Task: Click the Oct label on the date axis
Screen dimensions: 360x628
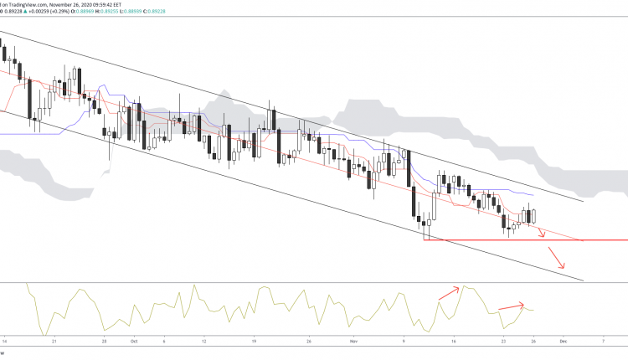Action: pos(133,342)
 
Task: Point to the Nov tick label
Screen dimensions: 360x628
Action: pos(353,342)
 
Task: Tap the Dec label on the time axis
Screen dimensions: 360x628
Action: pos(564,342)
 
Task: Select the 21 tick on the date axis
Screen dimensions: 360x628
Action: pos(54,342)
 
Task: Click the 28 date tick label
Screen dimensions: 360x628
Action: pos(104,342)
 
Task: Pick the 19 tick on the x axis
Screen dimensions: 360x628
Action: pos(253,342)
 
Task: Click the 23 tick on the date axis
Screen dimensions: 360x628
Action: pos(503,342)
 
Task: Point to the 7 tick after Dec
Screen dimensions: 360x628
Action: pos(603,342)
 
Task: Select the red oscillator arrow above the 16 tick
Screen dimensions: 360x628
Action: pos(449,292)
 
